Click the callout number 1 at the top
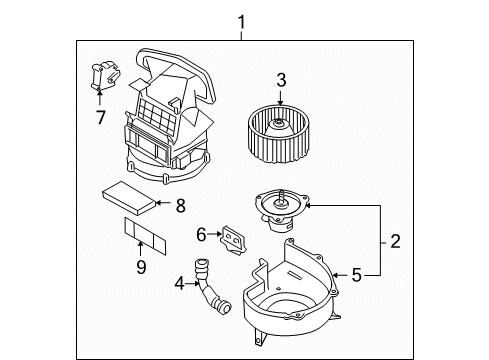click(x=240, y=20)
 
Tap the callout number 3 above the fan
click(x=282, y=80)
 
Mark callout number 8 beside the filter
click(x=180, y=207)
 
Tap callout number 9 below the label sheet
click(x=141, y=266)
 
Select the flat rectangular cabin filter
click(x=128, y=202)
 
